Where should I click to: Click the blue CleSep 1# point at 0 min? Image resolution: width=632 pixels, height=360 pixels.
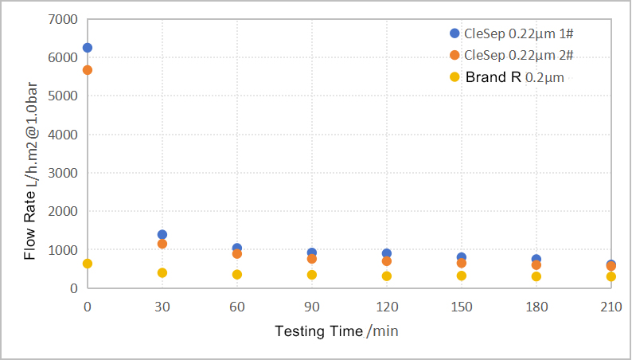[x=88, y=48]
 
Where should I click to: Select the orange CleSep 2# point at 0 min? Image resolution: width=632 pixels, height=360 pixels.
[x=88, y=70]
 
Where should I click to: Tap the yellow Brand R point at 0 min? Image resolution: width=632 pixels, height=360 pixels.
[x=88, y=264]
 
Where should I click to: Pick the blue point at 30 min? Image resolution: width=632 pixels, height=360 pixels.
[x=162, y=235]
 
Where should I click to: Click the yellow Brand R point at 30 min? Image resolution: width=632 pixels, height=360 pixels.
[x=162, y=273]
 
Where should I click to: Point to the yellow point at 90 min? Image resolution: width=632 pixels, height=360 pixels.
[x=312, y=275]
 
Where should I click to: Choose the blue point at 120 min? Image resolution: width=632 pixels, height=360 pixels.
[x=387, y=254]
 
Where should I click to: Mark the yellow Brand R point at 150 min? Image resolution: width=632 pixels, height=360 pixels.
[x=462, y=276]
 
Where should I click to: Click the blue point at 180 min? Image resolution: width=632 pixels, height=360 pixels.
[x=536, y=260]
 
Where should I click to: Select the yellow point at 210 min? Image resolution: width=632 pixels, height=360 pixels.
[x=611, y=276]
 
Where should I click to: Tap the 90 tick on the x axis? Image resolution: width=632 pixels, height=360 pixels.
[x=312, y=306]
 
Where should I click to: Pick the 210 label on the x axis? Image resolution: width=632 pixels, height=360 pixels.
[x=611, y=306]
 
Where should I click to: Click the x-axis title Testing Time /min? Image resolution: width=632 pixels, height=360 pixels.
[x=336, y=331]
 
